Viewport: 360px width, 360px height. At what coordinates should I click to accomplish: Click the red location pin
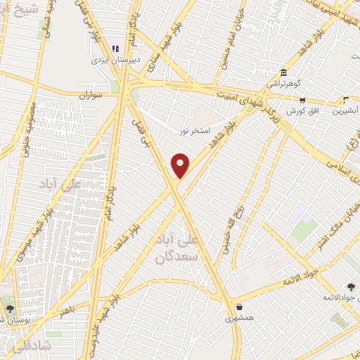point(181,165)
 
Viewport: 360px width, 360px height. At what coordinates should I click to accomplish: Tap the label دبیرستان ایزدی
point(115,60)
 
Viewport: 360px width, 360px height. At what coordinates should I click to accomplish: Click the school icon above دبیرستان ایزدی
point(115,49)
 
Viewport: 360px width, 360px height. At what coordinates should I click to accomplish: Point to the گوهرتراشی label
point(283,84)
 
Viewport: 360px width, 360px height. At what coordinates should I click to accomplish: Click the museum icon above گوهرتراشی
point(283,72)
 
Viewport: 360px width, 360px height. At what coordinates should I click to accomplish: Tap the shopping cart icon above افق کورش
point(345,100)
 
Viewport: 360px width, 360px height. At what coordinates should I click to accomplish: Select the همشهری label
point(240,318)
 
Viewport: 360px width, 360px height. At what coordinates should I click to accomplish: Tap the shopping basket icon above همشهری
point(240,307)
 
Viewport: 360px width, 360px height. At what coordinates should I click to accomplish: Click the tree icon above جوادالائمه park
point(351,287)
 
